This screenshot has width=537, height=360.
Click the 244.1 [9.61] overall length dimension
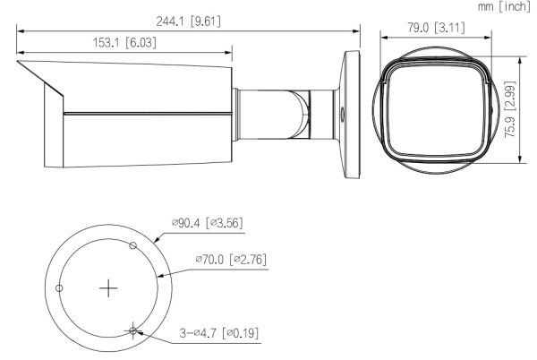coord(187,20)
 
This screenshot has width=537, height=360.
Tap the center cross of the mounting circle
coord(108,287)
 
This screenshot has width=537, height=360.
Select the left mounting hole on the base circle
coord(59,287)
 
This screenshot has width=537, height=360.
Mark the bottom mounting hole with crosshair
coord(132,330)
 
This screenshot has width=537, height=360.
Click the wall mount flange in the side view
coord(351,107)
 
